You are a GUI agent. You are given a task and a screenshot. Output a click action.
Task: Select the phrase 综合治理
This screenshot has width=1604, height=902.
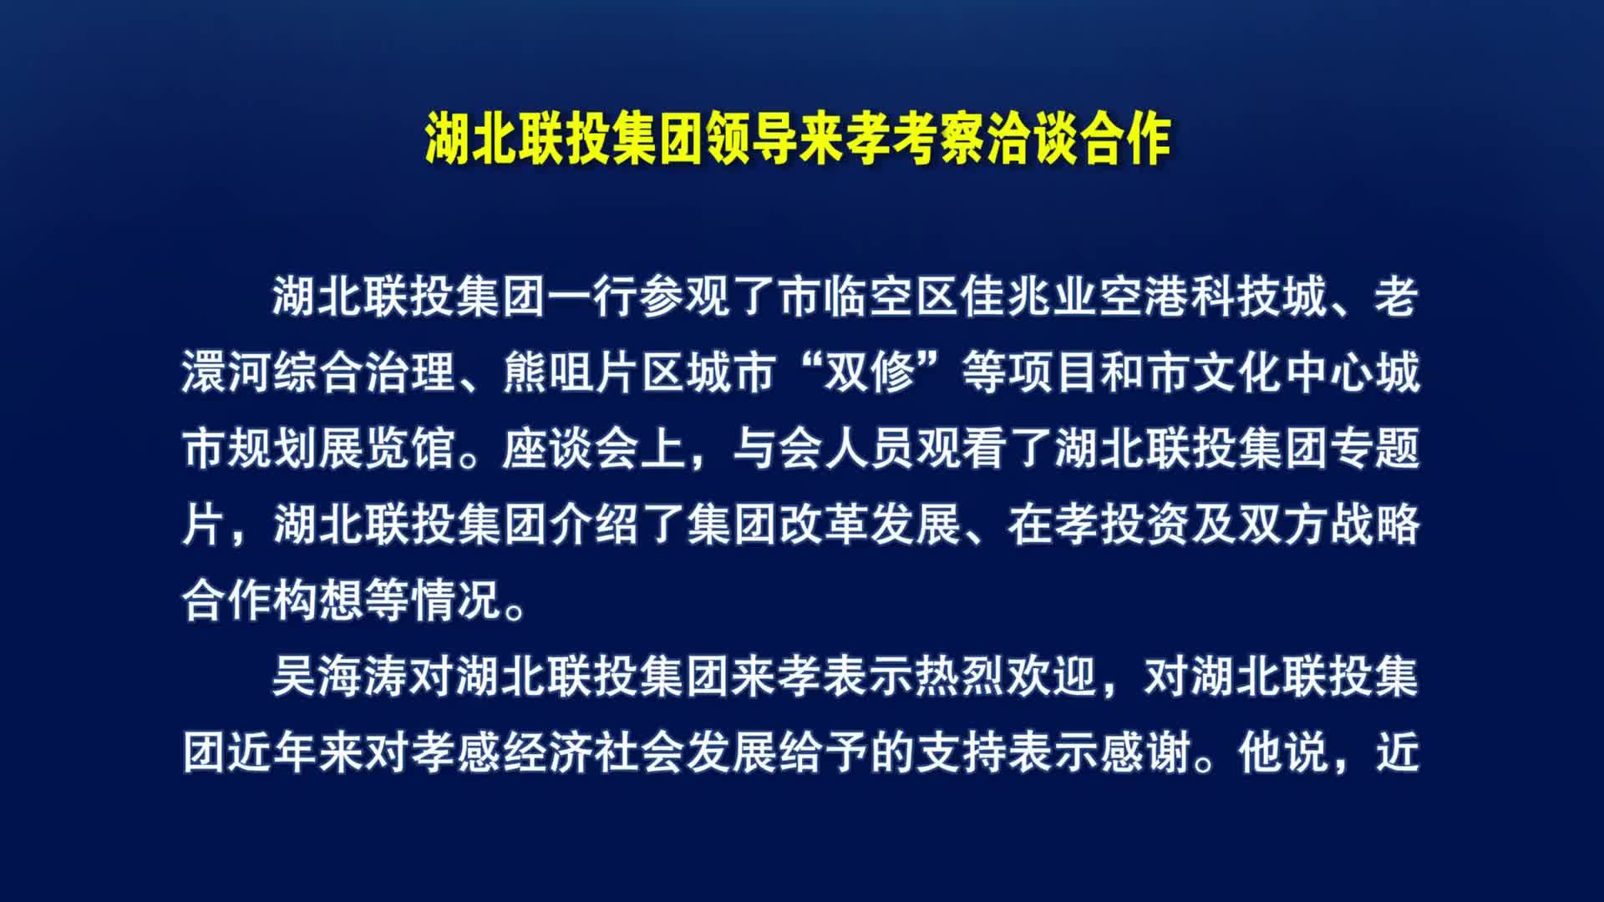click(x=364, y=372)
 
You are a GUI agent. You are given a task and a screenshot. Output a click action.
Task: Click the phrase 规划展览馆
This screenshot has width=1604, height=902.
click(x=342, y=449)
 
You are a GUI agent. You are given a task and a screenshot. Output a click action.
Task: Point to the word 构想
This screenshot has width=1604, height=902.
click(x=318, y=600)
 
